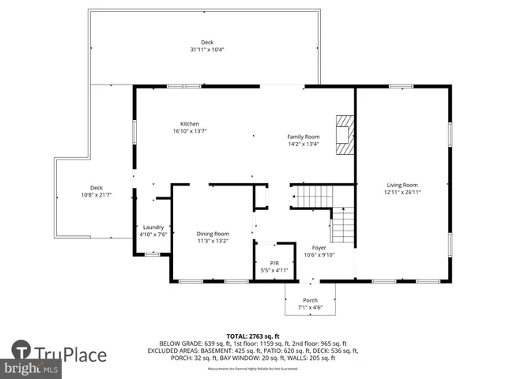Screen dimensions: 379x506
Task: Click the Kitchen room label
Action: pyautogui.click(x=190, y=124)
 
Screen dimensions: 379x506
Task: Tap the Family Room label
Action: pyautogui.click(x=303, y=137)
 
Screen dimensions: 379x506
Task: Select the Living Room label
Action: pyautogui.click(x=402, y=185)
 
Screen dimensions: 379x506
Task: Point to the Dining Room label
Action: pyautogui.click(x=213, y=234)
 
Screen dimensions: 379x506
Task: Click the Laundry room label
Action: pyautogui.click(x=153, y=227)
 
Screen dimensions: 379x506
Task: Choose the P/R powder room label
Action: pyautogui.click(x=274, y=263)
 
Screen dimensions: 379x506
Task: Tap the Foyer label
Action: pyautogui.click(x=319, y=247)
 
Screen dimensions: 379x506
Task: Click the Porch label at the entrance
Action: pyautogui.click(x=310, y=300)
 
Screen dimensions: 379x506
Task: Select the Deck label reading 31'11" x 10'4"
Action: pyautogui.click(x=207, y=43)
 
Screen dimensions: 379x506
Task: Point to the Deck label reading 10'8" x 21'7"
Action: pyautogui.click(x=96, y=188)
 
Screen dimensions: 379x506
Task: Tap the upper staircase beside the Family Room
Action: pyautogui.click(x=313, y=194)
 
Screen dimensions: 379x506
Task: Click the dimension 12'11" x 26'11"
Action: pyautogui.click(x=402, y=192)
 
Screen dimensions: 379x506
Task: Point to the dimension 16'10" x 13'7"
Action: pyautogui.click(x=190, y=131)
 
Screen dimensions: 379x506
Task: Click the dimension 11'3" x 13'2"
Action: pyautogui.click(x=213, y=241)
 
